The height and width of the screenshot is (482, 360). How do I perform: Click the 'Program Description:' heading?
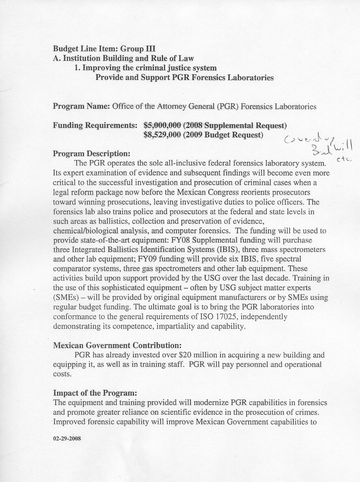click(x=91, y=153)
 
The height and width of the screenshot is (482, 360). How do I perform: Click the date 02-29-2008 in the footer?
click(x=67, y=438)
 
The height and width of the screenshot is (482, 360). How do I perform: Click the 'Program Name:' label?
click(x=81, y=106)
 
